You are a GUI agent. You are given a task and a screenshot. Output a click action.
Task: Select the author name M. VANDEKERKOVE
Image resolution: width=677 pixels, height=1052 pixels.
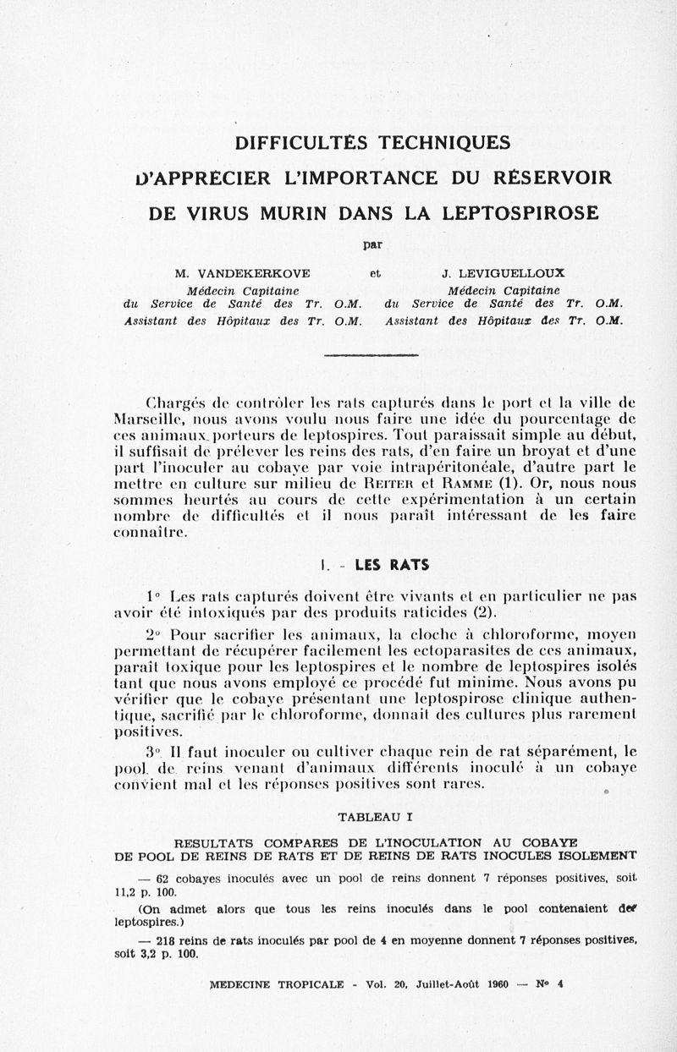click(x=242, y=273)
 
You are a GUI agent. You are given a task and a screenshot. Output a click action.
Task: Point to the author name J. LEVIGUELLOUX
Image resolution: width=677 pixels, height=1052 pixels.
click(x=504, y=273)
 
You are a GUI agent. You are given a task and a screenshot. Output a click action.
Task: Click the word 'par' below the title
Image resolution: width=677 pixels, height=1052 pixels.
click(x=372, y=245)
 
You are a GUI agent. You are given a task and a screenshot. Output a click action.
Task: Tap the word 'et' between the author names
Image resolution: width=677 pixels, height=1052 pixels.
click(x=376, y=273)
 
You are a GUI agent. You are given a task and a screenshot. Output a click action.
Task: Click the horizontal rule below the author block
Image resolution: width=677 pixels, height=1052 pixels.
click(x=372, y=355)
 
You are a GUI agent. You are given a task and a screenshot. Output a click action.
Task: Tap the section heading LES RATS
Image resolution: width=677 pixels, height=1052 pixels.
click(x=391, y=565)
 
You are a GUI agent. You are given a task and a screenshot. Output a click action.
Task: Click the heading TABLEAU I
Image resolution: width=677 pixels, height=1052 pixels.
click(x=375, y=817)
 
